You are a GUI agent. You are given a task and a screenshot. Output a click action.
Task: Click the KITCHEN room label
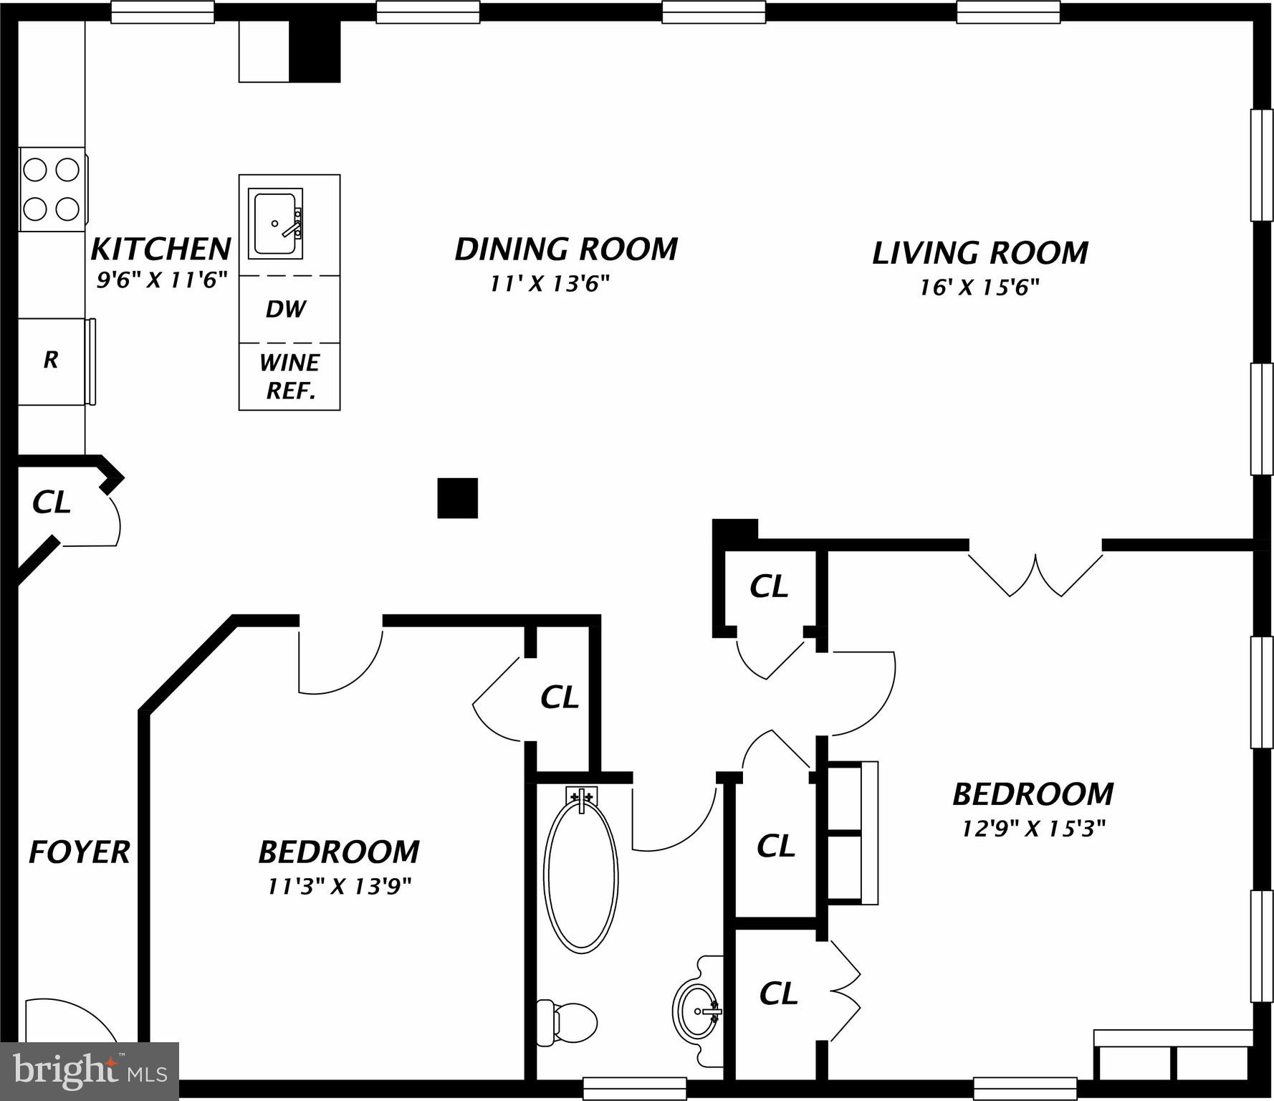pyautogui.click(x=161, y=249)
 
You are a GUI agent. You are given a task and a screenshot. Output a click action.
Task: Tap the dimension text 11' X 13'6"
pyautogui.click(x=550, y=284)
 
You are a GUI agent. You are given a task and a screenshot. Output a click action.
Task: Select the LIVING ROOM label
pyautogui.click(x=980, y=253)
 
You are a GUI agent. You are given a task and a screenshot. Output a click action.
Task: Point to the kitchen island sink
pyautogui.click(x=275, y=223)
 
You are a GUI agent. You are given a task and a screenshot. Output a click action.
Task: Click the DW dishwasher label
pyautogui.click(x=286, y=309)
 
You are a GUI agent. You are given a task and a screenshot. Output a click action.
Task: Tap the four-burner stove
pyautogui.click(x=52, y=189)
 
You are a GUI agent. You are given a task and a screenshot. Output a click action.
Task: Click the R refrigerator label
pyautogui.click(x=50, y=360)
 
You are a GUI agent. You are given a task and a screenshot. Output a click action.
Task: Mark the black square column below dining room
pyautogui.click(x=457, y=497)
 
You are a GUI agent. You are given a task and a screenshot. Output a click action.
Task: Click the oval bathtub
pyautogui.click(x=580, y=876)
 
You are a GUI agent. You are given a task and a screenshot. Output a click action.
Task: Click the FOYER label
pyautogui.click(x=79, y=852)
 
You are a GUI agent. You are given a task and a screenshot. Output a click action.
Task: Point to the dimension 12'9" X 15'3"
pyautogui.click(x=1033, y=829)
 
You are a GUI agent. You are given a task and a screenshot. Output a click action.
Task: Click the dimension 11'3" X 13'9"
pyautogui.click(x=339, y=887)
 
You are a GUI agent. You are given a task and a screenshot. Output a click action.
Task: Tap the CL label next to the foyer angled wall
pyautogui.click(x=52, y=502)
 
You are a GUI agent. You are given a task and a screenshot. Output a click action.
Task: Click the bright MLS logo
pyautogui.click(x=90, y=1071)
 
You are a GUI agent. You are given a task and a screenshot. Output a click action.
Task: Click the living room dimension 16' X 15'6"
pyautogui.click(x=980, y=287)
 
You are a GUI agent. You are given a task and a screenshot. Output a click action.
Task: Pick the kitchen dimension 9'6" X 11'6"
pyautogui.click(x=162, y=280)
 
